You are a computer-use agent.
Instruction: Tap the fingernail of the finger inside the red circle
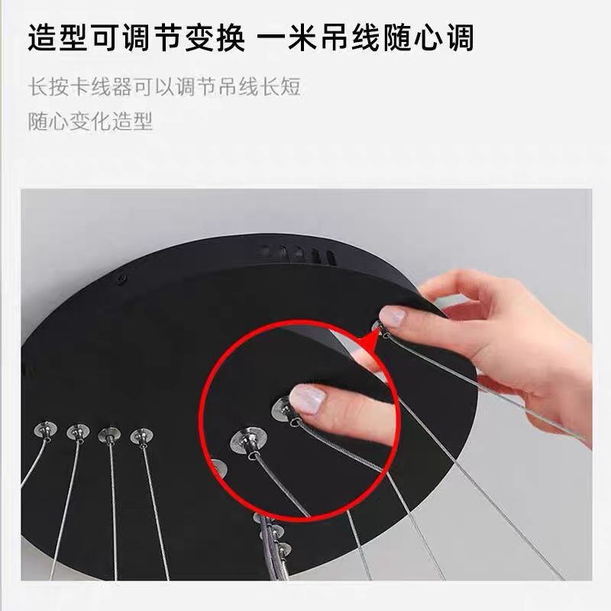coord(308,399)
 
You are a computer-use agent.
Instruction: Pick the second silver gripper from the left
coord(76,433)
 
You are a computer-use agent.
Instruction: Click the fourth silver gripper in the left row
coord(141,436)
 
